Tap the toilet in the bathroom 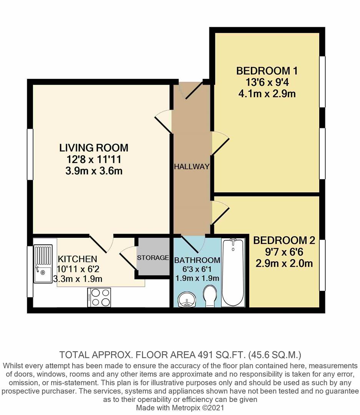(x=211, y=296)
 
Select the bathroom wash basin (x=186, y=299)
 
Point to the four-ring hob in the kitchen (x=100, y=297)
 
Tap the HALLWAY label (x=191, y=167)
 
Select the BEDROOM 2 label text (x=284, y=241)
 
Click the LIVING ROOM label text (x=93, y=148)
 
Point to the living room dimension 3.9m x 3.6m (x=94, y=171)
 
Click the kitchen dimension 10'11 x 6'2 (x=77, y=269)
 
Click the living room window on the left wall (x=30, y=154)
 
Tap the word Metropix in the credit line (x=179, y=407)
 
